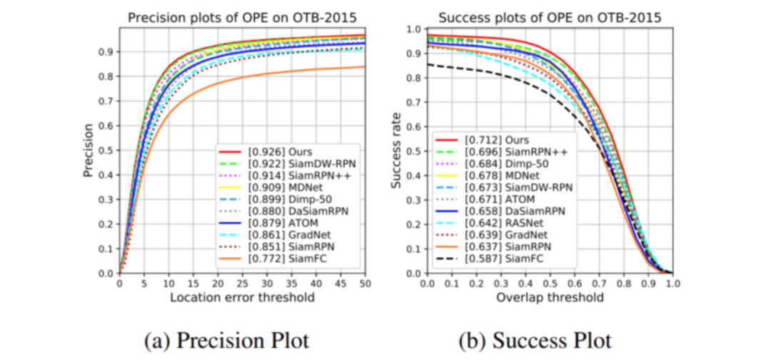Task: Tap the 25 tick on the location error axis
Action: tap(242, 283)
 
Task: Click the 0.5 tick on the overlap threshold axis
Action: tap(550, 283)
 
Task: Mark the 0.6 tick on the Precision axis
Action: tap(106, 126)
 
